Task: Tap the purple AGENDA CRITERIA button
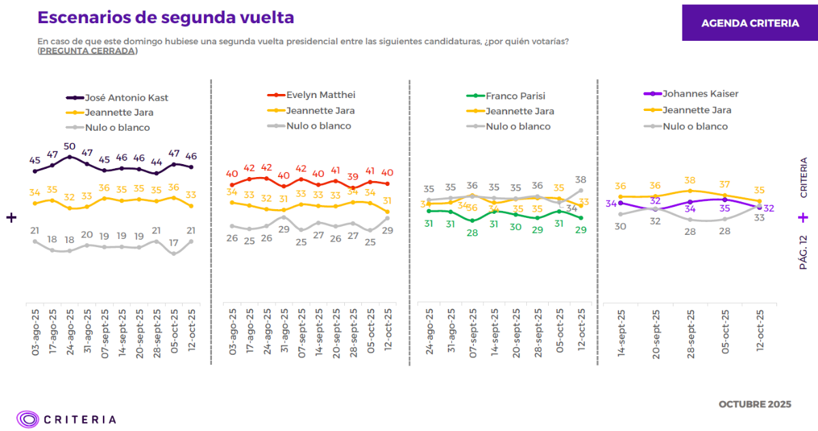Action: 750,23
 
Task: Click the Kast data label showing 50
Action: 70,146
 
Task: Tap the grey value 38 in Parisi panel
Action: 581,180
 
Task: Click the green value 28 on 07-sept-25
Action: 472,233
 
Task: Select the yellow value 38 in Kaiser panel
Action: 690,180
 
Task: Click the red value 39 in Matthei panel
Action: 353,176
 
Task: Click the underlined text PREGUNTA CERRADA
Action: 87,51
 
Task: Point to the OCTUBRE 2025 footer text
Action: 755,404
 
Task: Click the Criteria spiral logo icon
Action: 28,419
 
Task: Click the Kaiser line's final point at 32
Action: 759,207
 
